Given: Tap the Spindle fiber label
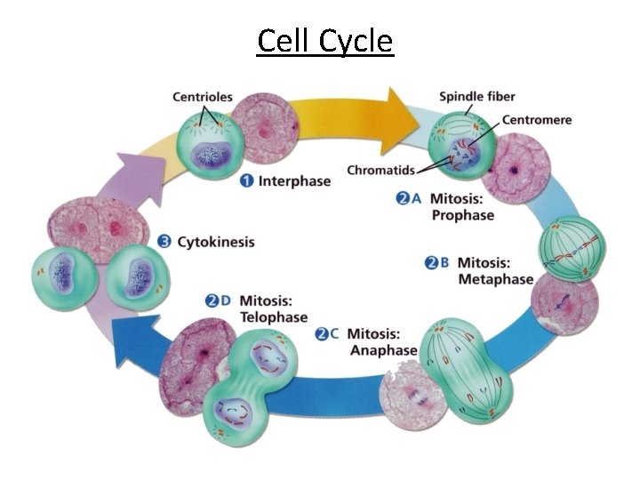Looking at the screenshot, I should click(477, 96).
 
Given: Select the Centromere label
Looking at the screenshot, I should click(536, 119).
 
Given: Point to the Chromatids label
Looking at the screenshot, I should click(380, 170).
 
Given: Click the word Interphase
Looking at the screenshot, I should click(294, 181).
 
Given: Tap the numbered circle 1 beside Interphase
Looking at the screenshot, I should click(249, 181).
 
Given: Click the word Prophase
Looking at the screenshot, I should click(462, 215).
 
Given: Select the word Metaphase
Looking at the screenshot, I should click(495, 279).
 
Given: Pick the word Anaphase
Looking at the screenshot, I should click(382, 350).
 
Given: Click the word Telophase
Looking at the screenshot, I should click(273, 317).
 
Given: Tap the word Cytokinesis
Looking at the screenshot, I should click(216, 242).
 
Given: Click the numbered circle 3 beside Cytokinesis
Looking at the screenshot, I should click(164, 242).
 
